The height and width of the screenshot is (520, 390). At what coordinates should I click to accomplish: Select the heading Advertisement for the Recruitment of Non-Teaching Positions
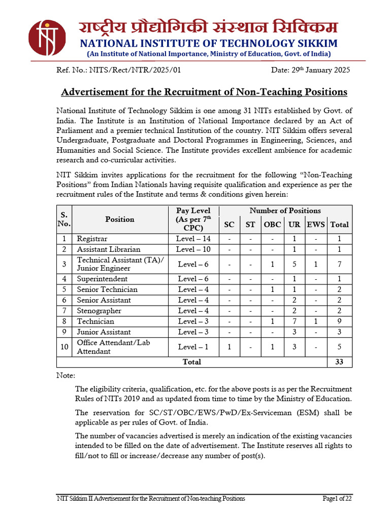[204, 92]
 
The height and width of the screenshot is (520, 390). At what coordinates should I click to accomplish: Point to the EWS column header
[316, 224]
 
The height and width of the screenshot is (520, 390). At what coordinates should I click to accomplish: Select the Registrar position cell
[92, 239]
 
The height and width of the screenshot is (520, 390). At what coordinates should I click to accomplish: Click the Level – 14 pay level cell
[193, 239]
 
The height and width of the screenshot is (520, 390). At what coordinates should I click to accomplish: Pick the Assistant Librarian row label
[108, 249]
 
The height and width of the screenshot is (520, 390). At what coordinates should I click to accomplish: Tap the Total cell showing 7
[339, 264]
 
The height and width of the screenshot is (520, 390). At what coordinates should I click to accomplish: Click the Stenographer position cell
[99, 311]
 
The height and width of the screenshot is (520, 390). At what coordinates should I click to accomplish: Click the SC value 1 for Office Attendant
[230, 347]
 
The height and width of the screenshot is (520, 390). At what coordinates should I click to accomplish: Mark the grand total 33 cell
[339, 362]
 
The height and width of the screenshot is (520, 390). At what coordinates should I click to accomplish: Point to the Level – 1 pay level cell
[193, 347]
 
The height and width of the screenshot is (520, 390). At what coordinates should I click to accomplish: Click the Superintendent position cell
[102, 279]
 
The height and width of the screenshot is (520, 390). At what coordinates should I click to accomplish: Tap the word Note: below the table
[66, 376]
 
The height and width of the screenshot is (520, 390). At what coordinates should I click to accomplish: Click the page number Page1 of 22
[337, 498]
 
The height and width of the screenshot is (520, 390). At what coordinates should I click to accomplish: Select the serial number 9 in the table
[64, 332]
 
